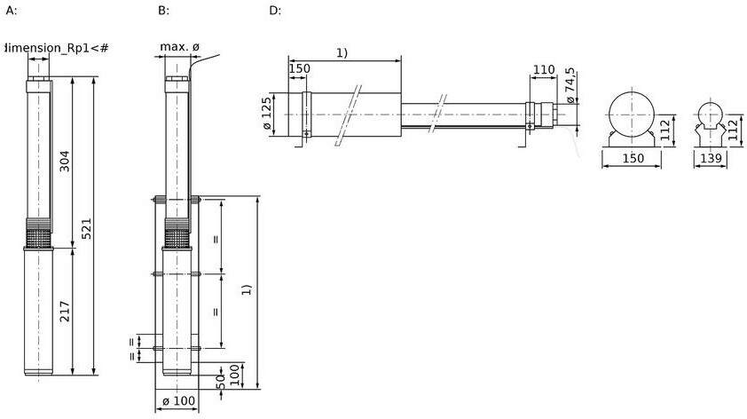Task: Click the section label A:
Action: tap(11, 11)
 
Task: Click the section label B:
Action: tap(163, 11)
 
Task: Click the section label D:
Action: tap(275, 11)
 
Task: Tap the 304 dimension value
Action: tap(64, 161)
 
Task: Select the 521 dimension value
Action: tap(86, 229)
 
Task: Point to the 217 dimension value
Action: tap(65, 312)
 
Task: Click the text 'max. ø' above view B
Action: tap(179, 47)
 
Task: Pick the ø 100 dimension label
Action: tap(178, 401)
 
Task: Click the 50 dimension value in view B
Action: tap(221, 382)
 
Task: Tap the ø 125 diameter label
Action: tap(267, 114)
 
